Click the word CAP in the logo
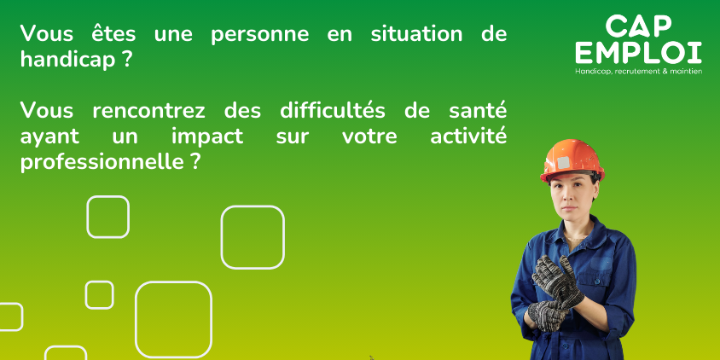tap(639, 26)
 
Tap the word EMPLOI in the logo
tap(639, 53)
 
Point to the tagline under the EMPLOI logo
tap(639, 72)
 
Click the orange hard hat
tap(572, 160)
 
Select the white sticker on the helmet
tap(563, 163)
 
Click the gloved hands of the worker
tap(555, 292)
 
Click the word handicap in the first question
tap(67, 61)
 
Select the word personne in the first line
tap(260, 34)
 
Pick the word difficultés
tap(333, 111)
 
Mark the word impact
tap(207, 136)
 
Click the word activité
tap(468, 136)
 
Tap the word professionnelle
tap(102, 163)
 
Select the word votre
tap(369, 137)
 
